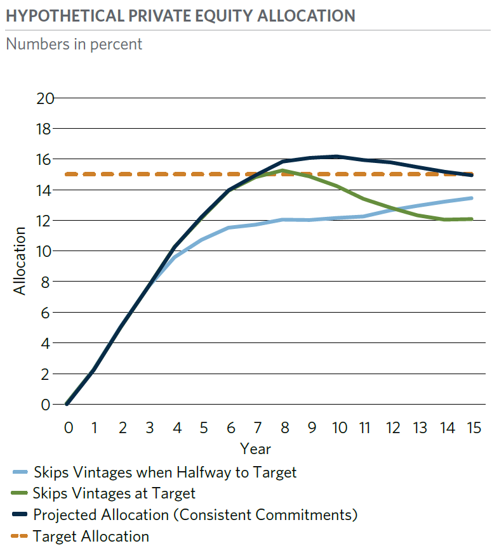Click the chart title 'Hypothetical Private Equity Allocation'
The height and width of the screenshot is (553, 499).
[180, 16]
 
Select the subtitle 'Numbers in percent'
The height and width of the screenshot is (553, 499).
[74, 44]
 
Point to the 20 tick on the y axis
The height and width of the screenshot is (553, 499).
[46, 98]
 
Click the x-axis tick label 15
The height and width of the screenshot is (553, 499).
[473, 427]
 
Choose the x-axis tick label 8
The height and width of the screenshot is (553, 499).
[285, 427]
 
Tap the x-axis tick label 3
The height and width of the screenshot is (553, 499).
[150, 427]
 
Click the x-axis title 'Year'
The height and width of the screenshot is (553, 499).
[256, 449]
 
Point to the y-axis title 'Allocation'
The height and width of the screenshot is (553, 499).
[20, 260]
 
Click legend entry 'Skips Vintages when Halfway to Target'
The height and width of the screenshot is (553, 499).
[164, 472]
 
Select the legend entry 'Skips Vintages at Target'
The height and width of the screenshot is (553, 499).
[114, 493]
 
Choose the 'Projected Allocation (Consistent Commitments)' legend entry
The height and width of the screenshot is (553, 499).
[195, 514]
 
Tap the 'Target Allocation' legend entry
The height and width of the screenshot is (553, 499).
[91, 536]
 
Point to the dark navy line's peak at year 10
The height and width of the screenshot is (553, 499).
[336, 156]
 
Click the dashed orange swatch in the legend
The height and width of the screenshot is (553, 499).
[20, 536]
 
